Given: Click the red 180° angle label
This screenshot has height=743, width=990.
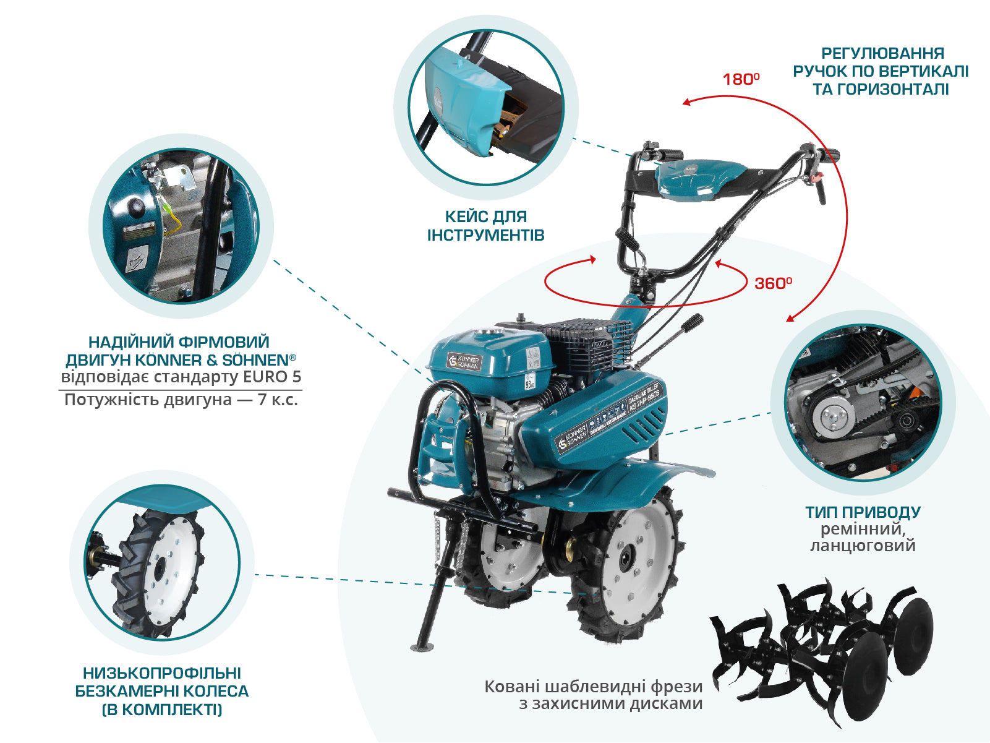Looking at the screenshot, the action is [x=741, y=79].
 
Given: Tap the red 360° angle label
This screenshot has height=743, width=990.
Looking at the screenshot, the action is [x=773, y=283].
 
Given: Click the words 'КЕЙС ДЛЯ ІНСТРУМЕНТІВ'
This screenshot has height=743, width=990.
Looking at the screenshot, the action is [x=486, y=226].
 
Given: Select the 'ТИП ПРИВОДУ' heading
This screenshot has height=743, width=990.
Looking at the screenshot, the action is [x=863, y=512].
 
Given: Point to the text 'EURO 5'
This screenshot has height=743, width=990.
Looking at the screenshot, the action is [x=272, y=377].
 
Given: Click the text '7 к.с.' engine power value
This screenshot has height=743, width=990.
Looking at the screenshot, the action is [x=278, y=400].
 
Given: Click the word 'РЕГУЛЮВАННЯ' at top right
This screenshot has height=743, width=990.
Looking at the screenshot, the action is [x=882, y=53].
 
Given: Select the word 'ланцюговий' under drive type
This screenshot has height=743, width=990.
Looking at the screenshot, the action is [x=863, y=546].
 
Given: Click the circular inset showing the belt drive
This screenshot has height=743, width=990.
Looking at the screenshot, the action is [x=863, y=402].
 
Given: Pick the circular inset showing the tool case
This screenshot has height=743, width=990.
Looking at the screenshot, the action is [x=486, y=108].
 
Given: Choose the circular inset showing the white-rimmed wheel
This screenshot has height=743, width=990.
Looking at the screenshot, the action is [x=162, y=562].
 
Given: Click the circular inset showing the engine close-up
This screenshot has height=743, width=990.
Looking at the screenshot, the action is [x=181, y=226].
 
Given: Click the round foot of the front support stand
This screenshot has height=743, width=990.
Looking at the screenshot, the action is [x=422, y=648].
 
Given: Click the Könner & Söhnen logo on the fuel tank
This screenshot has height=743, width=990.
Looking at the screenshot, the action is [x=464, y=361].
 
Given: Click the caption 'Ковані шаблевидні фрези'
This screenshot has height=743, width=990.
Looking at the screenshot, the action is [x=594, y=687].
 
